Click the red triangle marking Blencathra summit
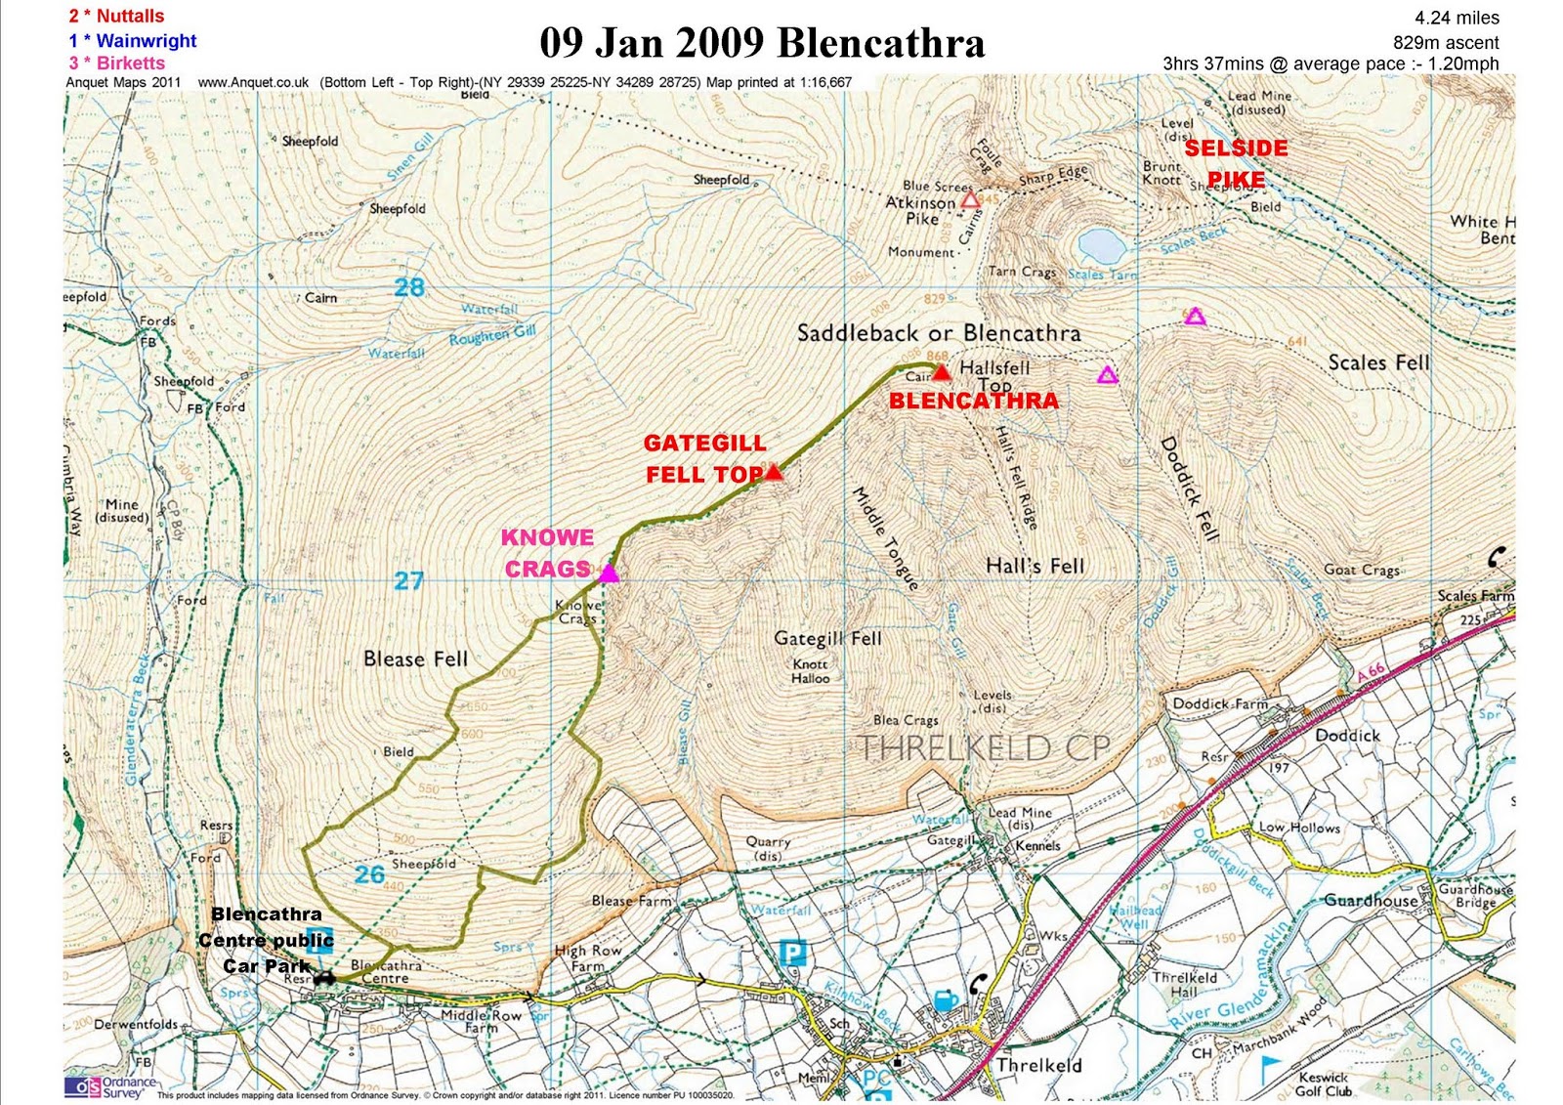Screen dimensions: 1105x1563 [941, 372]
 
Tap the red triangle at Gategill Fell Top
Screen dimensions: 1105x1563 [774, 473]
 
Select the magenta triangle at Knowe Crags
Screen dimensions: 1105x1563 [609, 574]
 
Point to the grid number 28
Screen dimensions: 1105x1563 [409, 287]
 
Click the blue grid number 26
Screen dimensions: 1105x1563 [369, 874]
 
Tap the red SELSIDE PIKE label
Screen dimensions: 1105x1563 [1236, 164]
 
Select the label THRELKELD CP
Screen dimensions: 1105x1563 [985, 748]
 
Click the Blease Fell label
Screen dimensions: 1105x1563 [415, 659]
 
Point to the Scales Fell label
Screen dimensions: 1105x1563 [1378, 362]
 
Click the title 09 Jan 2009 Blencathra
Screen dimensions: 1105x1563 [762, 43]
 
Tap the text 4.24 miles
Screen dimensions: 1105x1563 [1457, 18]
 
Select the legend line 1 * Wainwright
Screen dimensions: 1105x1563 [132, 40]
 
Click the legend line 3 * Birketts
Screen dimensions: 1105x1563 [116, 63]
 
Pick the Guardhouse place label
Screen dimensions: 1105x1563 [1371, 900]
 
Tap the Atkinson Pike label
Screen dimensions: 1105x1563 [920, 202]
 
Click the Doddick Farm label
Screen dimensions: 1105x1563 [1220, 703]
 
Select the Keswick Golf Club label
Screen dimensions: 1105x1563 [1324, 1084]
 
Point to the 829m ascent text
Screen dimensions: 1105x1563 [1446, 42]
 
